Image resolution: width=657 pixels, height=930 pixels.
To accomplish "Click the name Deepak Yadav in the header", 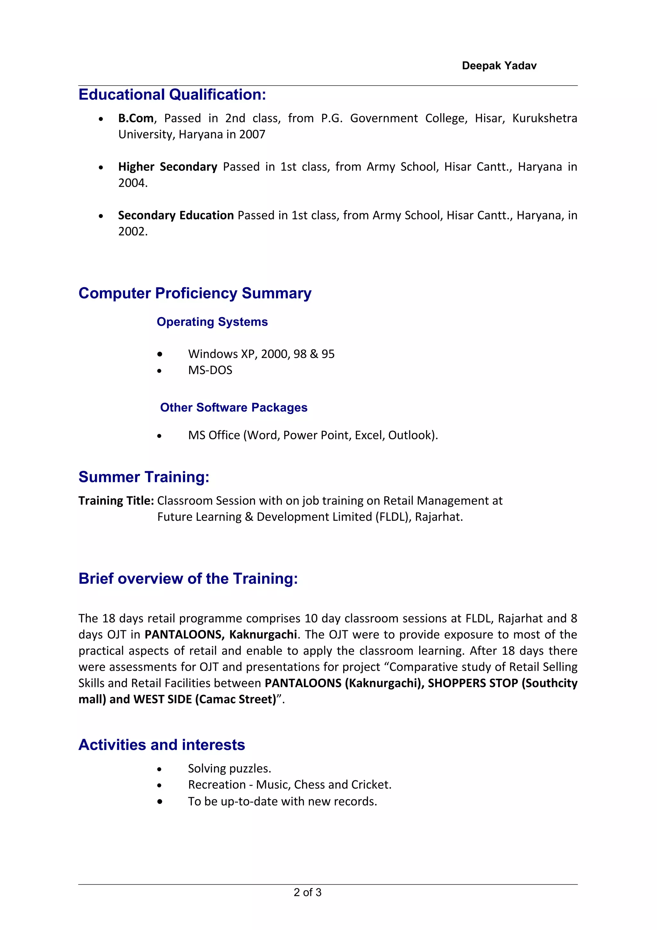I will [x=499, y=65].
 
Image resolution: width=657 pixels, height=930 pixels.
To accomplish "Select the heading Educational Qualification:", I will [x=172, y=94].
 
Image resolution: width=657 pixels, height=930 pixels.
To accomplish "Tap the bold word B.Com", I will [x=136, y=118].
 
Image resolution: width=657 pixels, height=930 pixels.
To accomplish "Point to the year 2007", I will [x=252, y=134].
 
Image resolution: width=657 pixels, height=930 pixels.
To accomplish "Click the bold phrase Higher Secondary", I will [x=167, y=167].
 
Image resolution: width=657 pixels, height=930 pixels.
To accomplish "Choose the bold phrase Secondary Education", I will [x=176, y=215].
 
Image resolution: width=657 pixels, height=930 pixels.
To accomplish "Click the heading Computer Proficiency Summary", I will [x=195, y=293].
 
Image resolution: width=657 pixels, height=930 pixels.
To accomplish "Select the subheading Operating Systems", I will [x=212, y=322].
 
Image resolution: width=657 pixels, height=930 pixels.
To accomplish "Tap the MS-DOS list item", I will [x=210, y=370].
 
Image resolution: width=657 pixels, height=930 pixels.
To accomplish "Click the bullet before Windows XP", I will [x=160, y=354].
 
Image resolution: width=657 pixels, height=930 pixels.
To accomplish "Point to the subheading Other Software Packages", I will [x=234, y=408].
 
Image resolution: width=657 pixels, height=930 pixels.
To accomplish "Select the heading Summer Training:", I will [x=144, y=477].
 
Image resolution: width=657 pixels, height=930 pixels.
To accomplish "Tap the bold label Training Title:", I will [x=116, y=501].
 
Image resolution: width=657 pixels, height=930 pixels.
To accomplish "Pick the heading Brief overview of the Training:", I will [x=188, y=578].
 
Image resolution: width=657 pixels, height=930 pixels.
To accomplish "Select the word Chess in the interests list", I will [x=309, y=785].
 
